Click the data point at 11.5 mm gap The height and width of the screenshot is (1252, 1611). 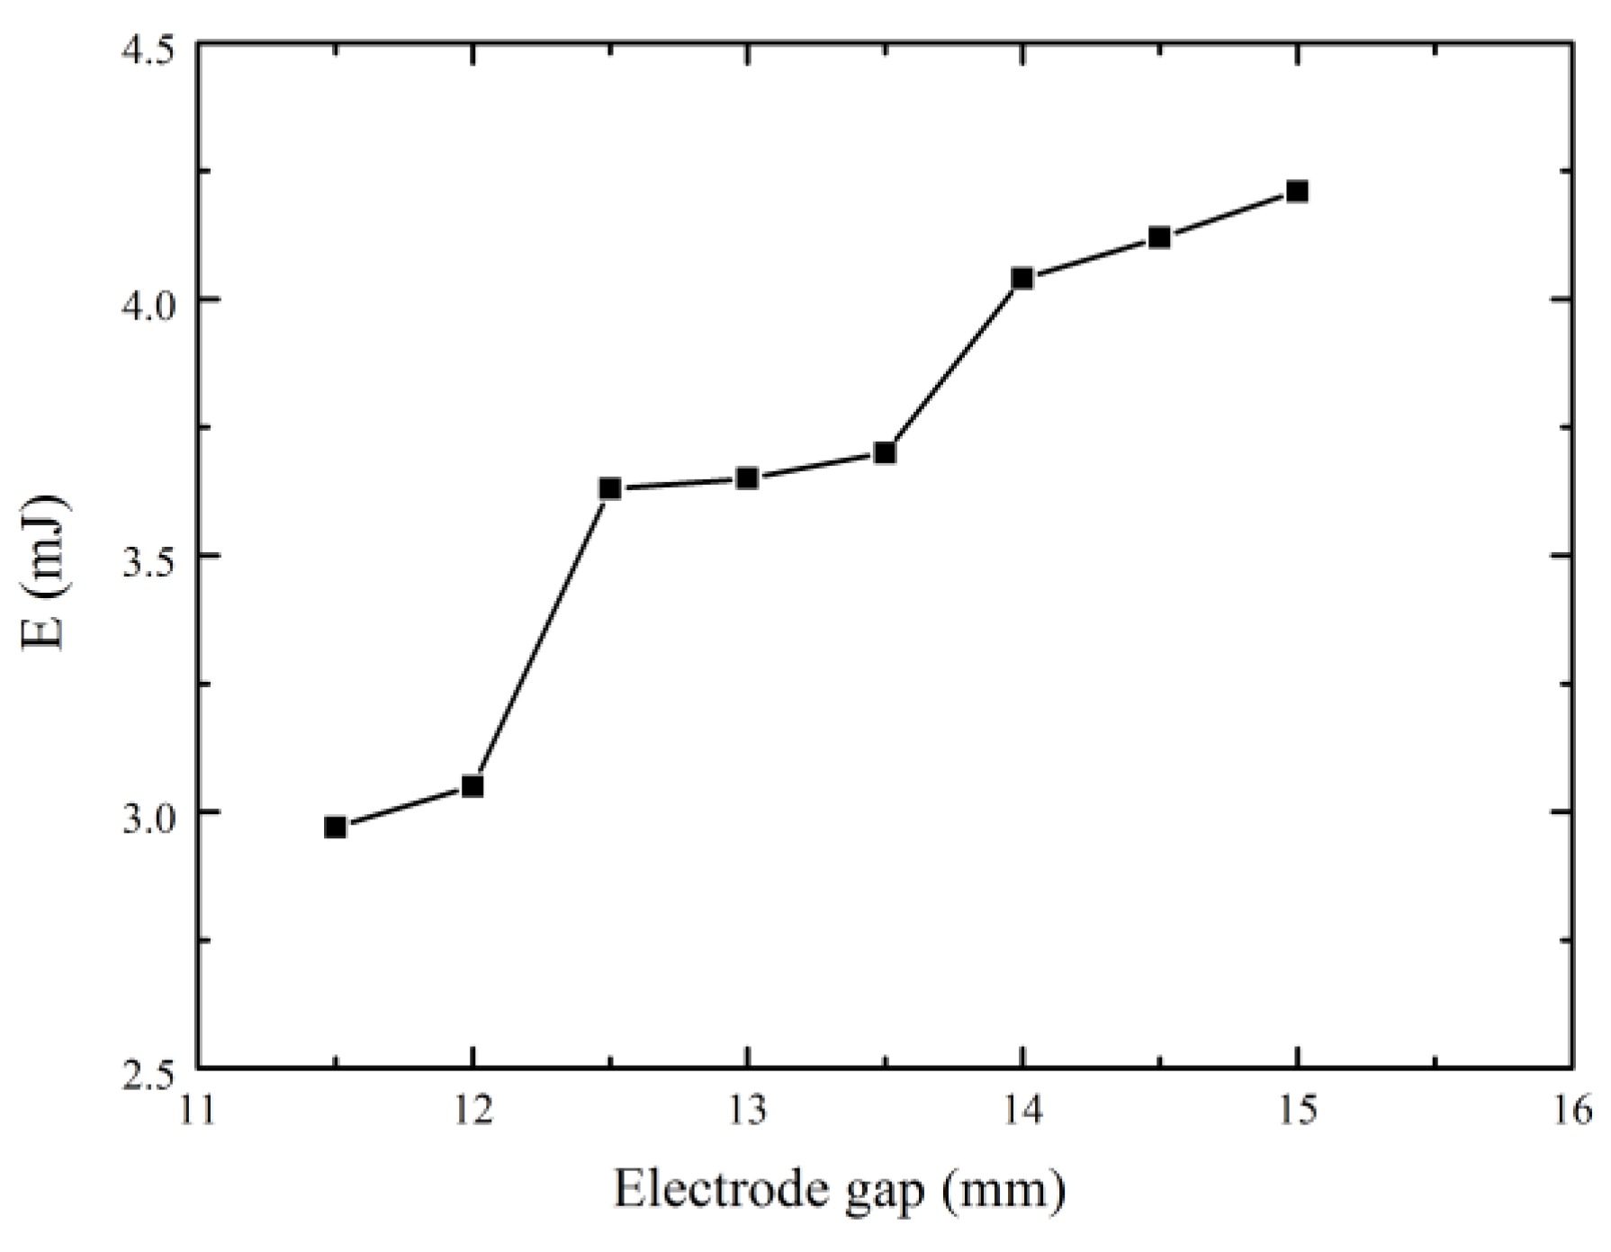(x=335, y=827)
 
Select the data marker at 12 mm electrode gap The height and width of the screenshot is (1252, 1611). (x=472, y=787)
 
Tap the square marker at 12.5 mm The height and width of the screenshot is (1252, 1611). (x=610, y=488)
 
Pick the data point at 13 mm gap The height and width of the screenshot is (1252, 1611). (x=747, y=478)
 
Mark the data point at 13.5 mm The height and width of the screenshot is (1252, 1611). (x=885, y=452)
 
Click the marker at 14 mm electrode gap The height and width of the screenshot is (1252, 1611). (x=1021, y=278)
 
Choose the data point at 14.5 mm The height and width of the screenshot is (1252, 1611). (x=1159, y=237)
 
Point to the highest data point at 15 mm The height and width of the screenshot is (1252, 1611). (x=1297, y=191)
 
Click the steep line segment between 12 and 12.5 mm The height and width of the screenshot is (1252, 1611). (x=541, y=638)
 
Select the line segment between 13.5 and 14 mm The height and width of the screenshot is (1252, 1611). (x=953, y=365)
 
